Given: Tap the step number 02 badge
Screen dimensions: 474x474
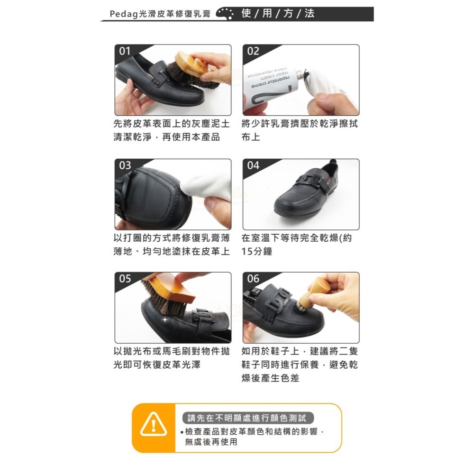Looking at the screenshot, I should click(253, 51).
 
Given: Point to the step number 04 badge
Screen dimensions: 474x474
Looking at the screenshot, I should click(253, 165).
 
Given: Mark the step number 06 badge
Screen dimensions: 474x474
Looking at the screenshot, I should click(253, 279).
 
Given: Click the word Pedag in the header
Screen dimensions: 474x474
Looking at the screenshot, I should click(121, 14).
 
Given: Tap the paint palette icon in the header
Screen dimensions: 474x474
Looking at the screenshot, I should click(225, 14).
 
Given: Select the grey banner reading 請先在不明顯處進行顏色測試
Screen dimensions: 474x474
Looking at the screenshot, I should click(248, 418).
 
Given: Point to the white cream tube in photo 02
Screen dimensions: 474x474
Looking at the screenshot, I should click(270, 81).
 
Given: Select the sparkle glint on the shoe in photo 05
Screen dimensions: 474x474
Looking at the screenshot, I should click(165, 320).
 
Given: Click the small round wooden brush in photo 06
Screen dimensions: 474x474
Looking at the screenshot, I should click(313, 294).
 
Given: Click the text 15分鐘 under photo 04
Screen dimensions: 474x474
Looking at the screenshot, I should click(256, 252).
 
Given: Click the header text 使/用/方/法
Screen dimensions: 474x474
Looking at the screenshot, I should click(278, 14).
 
